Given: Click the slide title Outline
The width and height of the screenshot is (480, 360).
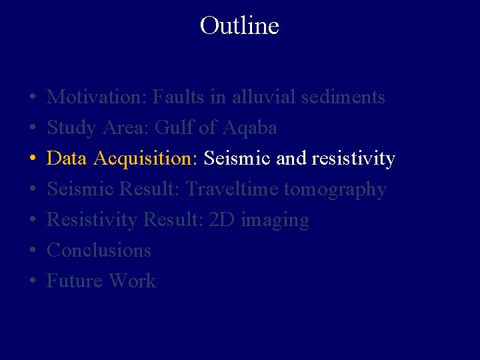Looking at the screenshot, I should tap(239, 26).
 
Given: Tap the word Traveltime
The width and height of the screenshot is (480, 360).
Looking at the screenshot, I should tap(232, 189).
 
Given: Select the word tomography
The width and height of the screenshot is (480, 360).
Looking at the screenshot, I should tap(335, 190).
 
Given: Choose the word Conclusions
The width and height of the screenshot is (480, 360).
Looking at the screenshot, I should tap(99, 251).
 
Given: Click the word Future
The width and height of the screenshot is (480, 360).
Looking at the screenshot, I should tap(75, 281).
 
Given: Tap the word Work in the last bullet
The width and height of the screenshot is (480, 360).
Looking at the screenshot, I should tap(132, 281).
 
